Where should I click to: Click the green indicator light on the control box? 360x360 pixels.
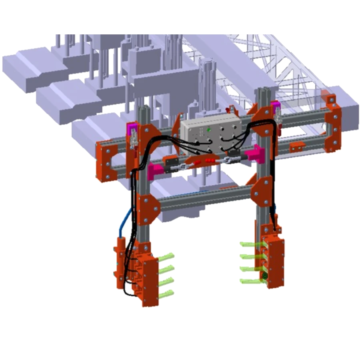pos(208,129)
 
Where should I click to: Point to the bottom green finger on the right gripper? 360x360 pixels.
pos(250,282)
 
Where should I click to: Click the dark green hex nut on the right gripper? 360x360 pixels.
pos(265,276)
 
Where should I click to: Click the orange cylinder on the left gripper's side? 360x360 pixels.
pos(120,260)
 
